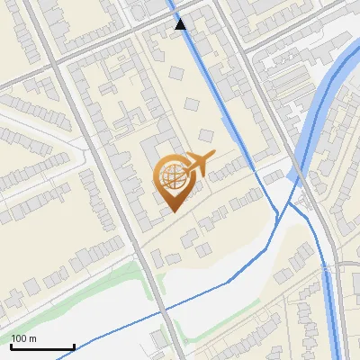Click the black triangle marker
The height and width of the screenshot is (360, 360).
[x=181, y=24]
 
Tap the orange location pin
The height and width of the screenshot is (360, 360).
[x=172, y=183]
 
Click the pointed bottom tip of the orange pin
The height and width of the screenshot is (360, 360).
[x=172, y=211]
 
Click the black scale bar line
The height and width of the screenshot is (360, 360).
[x=42, y=346]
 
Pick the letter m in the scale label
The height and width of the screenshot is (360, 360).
[x=33, y=338]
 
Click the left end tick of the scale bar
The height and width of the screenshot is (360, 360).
[x=11, y=346]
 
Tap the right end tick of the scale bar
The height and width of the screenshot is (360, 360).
[x=74, y=346]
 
